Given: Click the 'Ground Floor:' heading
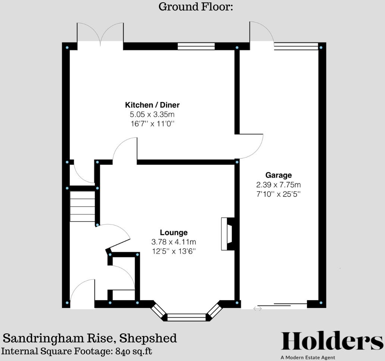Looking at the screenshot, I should point(195,7).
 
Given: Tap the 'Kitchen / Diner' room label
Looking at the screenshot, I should point(152,105).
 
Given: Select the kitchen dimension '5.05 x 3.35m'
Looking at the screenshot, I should point(152,114).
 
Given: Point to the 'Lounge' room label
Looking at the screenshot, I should point(173,233).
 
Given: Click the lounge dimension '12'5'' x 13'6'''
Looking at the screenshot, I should point(173,251).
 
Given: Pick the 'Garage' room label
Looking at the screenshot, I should point(278,175).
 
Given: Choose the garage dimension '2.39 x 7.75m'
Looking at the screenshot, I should point(278,185).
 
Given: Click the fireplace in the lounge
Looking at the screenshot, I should point(228,234).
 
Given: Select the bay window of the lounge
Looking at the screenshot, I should point(187,317).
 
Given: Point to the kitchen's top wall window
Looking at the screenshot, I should point(196,46).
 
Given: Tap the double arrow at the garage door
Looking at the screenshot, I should point(258,308).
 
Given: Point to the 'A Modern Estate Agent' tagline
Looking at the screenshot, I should point(308,358).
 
